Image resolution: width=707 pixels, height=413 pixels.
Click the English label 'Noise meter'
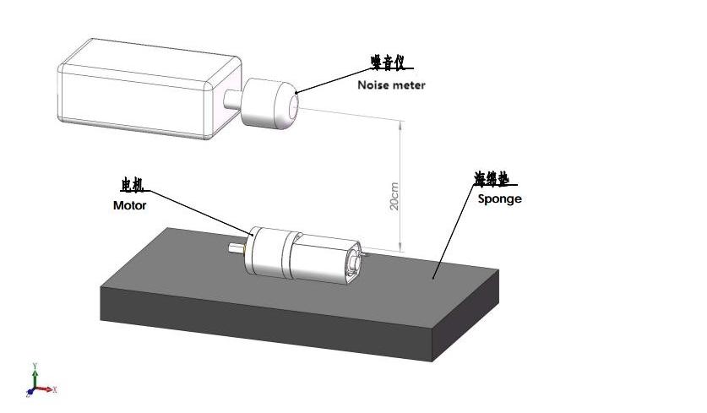point(391,84)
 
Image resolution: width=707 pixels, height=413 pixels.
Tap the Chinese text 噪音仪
point(388,62)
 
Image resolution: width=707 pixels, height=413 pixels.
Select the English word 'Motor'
point(130,205)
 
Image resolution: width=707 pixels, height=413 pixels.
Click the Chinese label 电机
point(132,184)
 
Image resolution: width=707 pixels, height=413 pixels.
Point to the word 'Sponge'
point(499,198)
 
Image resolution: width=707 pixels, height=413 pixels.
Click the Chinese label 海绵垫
point(492,178)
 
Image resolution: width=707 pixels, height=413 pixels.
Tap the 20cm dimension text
point(394,196)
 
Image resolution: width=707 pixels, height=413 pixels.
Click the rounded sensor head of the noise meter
point(270,103)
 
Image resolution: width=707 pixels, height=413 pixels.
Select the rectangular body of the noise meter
point(150,89)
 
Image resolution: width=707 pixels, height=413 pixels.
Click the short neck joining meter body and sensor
point(232,99)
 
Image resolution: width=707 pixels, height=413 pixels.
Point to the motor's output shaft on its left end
point(237,248)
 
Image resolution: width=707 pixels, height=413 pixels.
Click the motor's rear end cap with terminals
point(353,263)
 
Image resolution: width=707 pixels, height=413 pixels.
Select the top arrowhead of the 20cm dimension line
point(400,124)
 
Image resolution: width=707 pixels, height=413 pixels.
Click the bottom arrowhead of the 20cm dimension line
point(400,247)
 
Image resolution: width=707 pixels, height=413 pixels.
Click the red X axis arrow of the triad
point(45,389)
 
